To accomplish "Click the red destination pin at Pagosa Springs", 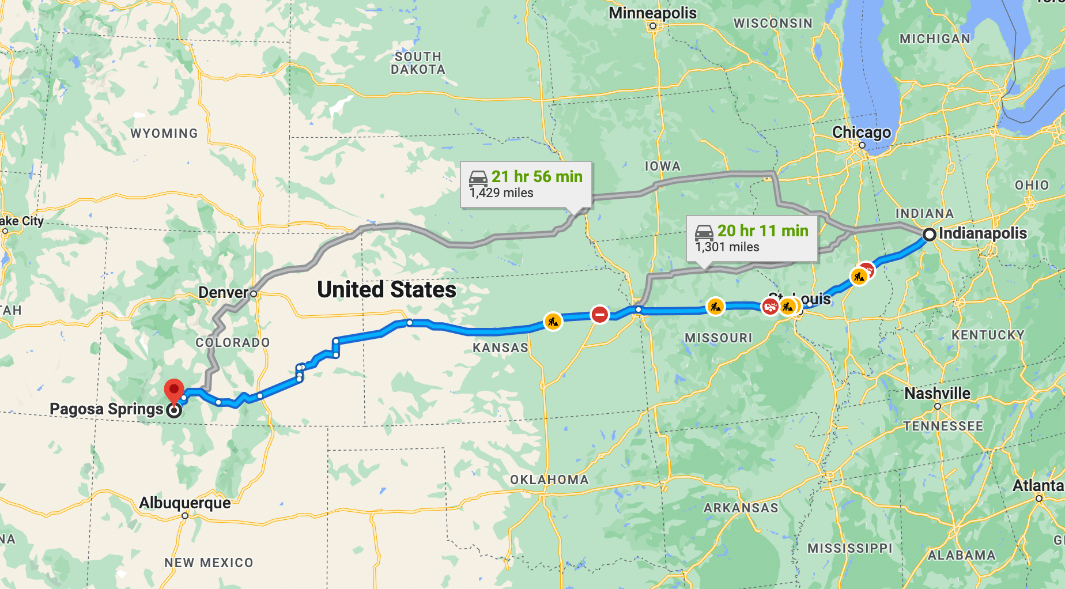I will [x=174, y=390].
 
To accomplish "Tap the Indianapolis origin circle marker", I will [x=929, y=235].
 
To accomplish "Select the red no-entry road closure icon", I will [x=600, y=315].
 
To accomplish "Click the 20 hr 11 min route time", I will [x=762, y=231].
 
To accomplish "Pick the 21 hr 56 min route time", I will [x=537, y=177].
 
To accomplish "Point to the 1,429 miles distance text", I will [x=501, y=193].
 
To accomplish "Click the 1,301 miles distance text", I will [x=727, y=247].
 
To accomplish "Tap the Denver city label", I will [x=223, y=293].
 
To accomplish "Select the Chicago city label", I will [x=861, y=133].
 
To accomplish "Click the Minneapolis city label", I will [x=652, y=13].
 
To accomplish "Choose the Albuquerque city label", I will [x=184, y=503].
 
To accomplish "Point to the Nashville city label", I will [x=937, y=394].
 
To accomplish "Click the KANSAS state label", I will [x=500, y=348].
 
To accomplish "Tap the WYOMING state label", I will [x=164, y=134].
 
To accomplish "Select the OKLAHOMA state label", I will [x=549, y=480].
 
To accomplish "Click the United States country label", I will [x=387, y=290].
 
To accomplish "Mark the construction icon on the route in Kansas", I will [x=553, y=322].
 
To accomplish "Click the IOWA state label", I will [x=662, y=167].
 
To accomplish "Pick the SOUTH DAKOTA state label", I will [x=418, y=63].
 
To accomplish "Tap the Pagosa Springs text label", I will [x=107, y=409].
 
